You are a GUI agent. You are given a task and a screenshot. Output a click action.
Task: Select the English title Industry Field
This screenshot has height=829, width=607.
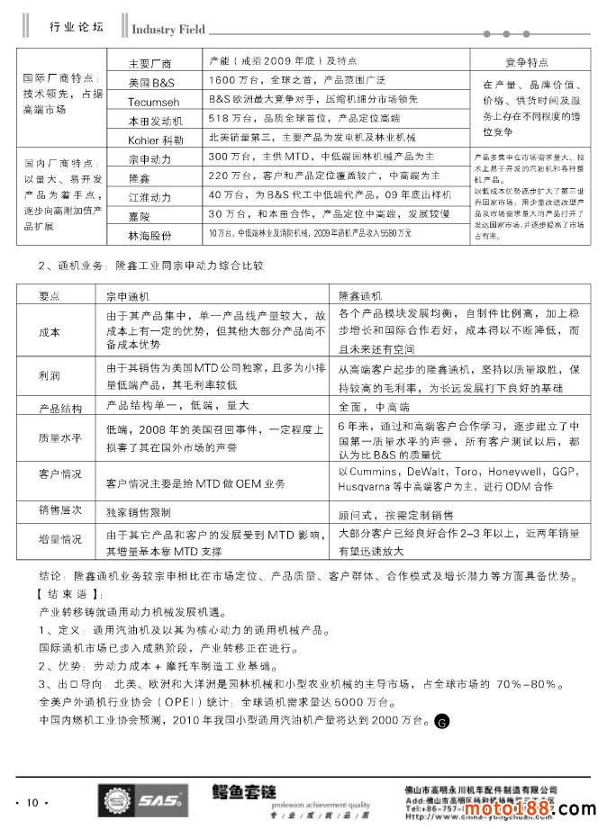click(x=168, y=29)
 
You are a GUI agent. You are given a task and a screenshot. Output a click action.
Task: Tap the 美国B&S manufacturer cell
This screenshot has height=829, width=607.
click(x=150, y=83)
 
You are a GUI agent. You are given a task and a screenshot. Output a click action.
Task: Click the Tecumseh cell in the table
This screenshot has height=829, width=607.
click(x=150, y=102)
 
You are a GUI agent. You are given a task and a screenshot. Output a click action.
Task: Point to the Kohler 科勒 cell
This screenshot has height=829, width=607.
click(x=150, y=140)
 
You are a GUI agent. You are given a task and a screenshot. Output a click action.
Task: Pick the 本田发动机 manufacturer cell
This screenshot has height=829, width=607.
click(x=150, y=121)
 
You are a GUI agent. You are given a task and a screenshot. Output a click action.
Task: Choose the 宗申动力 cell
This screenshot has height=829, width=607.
click(x=150, y=159)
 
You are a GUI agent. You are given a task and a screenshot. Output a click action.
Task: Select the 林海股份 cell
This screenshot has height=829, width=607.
click(x=150, y=236)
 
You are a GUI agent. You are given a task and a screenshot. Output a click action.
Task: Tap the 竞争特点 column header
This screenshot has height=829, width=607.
click(x=527, y=63)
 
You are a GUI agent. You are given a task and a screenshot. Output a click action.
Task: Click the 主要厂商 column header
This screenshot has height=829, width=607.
click(x=150, y=64)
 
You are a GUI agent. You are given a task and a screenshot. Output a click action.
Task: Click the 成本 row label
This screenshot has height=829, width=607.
click(x=50, y=332)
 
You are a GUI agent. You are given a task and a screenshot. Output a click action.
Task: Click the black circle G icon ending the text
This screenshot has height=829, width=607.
click(x=440, y=721)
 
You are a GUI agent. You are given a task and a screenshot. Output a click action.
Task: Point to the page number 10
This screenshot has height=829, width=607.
click(x=32, y=802)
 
